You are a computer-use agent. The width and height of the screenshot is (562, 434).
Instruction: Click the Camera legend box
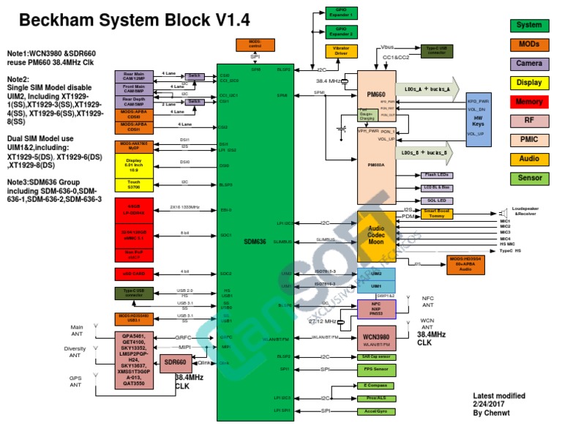tap(529, 64)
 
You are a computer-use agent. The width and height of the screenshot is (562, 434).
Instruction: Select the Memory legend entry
tap(529, 102)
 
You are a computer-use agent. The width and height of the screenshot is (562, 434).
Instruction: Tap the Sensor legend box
tap(529, 178)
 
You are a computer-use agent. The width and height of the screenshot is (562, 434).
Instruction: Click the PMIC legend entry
tap(529, 140)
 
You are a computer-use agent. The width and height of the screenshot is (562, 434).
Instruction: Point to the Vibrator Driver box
tap(342, 51)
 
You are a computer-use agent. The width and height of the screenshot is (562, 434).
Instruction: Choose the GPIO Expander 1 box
tap(340, 13)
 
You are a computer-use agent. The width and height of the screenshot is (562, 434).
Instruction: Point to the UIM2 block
tap(375, 274)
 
